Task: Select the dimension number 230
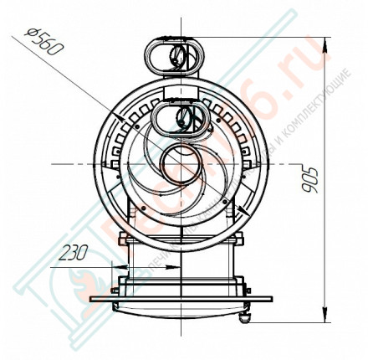[75, 252]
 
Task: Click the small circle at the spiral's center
[178, 160]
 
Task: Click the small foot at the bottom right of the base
[245, 315]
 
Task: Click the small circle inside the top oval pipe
[178, 57]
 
